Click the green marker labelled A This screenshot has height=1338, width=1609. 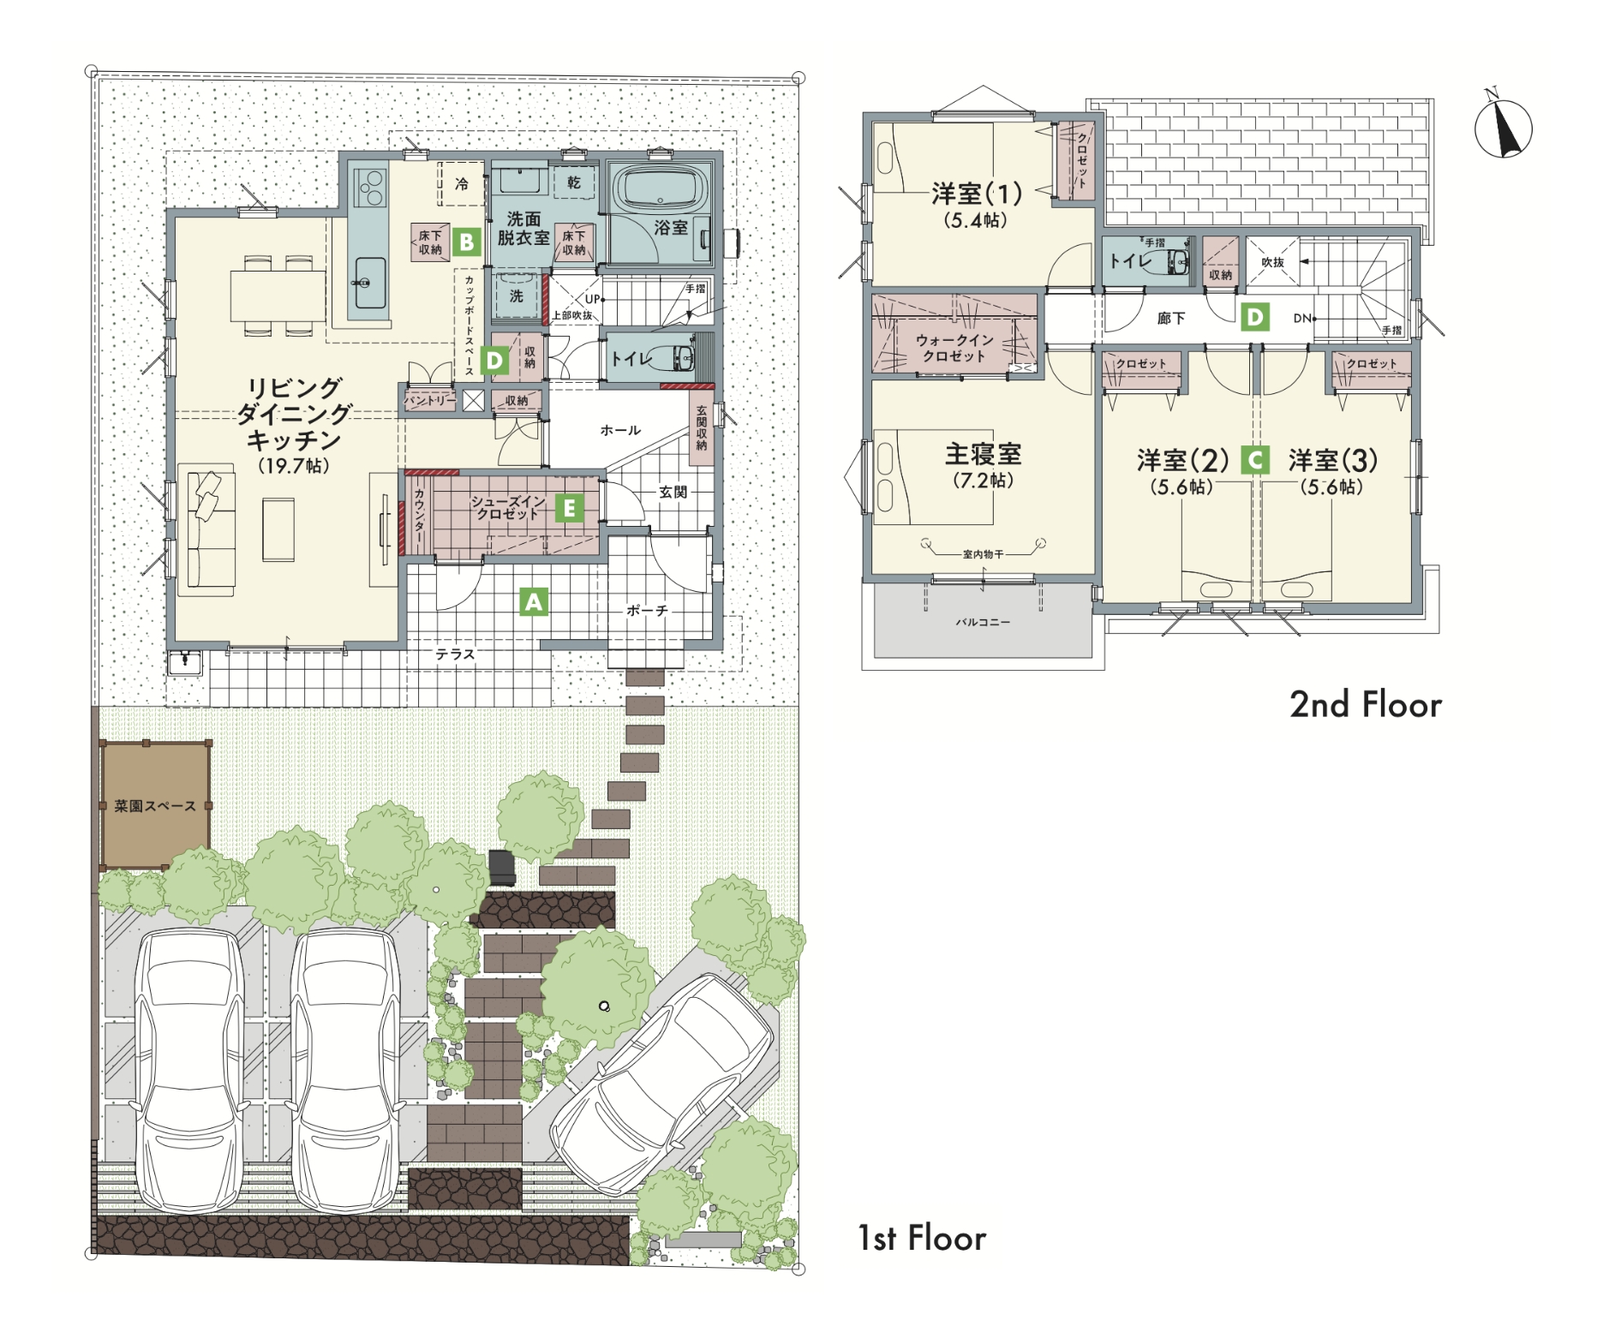[x=534, y=603]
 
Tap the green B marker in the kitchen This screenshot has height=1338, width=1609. [x=467, y=242]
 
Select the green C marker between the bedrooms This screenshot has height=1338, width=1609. [x=1255, y=461]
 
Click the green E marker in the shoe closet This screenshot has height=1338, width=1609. [x=569, y=509]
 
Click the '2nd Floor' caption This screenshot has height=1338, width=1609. [x=1366, y=705]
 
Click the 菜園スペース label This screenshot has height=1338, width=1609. [x=155, y=806]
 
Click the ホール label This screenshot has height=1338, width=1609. [x=620, y=430]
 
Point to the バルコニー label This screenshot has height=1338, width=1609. [x=983, y=622]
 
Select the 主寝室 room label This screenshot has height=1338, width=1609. [x=983, y=454]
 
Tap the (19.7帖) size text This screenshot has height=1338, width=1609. [x=294, y=466]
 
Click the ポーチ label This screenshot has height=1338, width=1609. [x=647, y=611]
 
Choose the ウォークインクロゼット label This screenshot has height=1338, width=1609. [x=954, y=348]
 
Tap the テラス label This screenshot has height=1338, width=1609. [x=455, y=654]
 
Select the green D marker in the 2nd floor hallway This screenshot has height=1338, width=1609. [x=1254, y=318]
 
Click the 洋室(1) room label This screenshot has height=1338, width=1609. [x=976, y=193]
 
